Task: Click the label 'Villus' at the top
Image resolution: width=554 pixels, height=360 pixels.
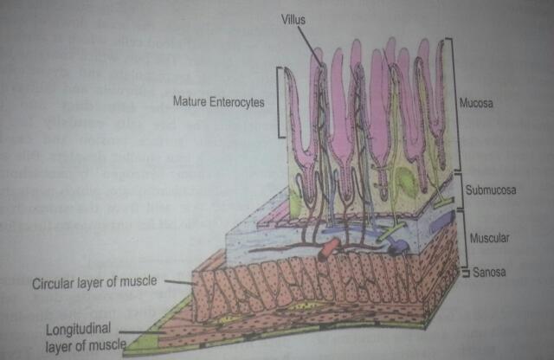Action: (x=293, y=17)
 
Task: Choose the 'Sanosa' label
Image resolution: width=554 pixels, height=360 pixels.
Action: (x=490, y=273)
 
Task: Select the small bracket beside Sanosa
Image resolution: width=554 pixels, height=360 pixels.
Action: (x=466, y=272)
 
